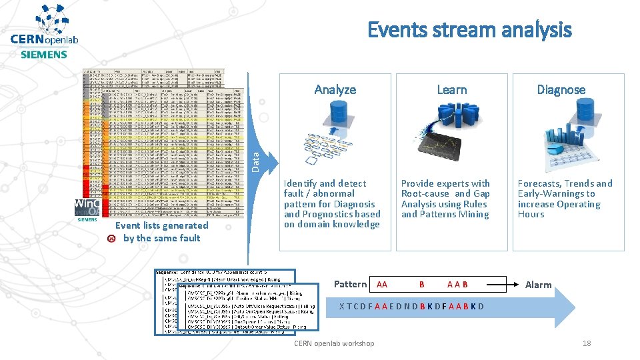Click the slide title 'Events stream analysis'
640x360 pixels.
pyautogui.click(x=469, y=30)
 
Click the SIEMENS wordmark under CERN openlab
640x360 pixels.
pyautogui.click(x=44, y=55)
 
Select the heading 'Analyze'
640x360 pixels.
pyautogui.click(x=335, y=89)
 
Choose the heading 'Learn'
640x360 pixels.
pyautogui.click(x=451, y=89)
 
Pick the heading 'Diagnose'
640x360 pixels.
pyautogui.click(x=561, y=89)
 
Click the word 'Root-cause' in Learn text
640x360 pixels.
pyautogui.click(x=425, y=194)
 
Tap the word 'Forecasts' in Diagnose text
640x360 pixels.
pyautogui.click(x=540, y=183)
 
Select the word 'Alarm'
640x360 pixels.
pyautogui.click(x=538, y=285)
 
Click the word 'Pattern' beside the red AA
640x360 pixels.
pyautogui.click(x=350, y=285)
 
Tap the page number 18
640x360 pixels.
pyautogui.click(x=587, y=343)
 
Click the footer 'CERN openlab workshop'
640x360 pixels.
pyautogui.click(x=334, y=343)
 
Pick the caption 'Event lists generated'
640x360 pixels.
pyautogui.click(x=161, y=225)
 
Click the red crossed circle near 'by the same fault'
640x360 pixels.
pyautogui.click(x=111, y=238)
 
